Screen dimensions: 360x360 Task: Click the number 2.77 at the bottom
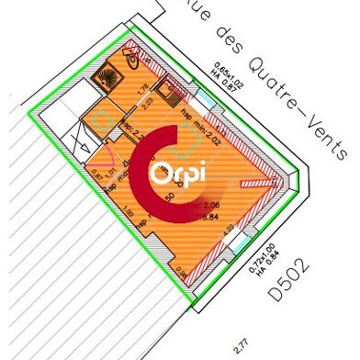pyautogui.click(x=242, y=345)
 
